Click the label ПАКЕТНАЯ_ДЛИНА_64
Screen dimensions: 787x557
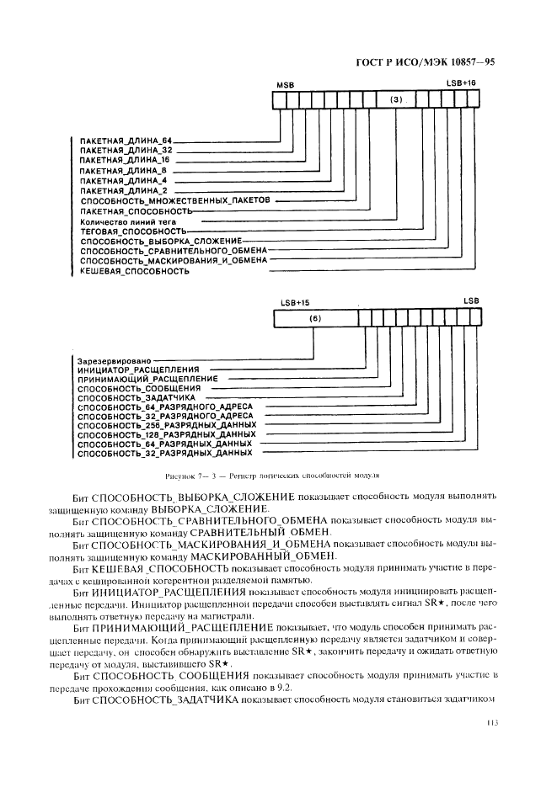click(125, 138)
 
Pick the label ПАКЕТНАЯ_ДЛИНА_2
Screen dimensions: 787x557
click(123, 192)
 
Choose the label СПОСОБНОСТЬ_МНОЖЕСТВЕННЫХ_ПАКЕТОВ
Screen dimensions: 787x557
click(175, 203)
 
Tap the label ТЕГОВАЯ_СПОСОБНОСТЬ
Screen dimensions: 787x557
click(132, 231)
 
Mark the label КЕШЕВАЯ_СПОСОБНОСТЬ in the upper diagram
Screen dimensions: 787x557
click(134, 271)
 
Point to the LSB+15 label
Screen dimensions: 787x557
click(295, 300)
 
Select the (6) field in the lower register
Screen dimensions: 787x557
click(315, 318)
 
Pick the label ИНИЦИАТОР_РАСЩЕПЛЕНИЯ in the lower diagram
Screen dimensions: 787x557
click(137, 370)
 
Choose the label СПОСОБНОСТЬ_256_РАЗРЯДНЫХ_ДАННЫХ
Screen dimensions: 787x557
click(166, 425)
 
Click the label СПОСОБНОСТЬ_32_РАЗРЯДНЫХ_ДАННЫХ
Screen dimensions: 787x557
click(163, 454)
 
